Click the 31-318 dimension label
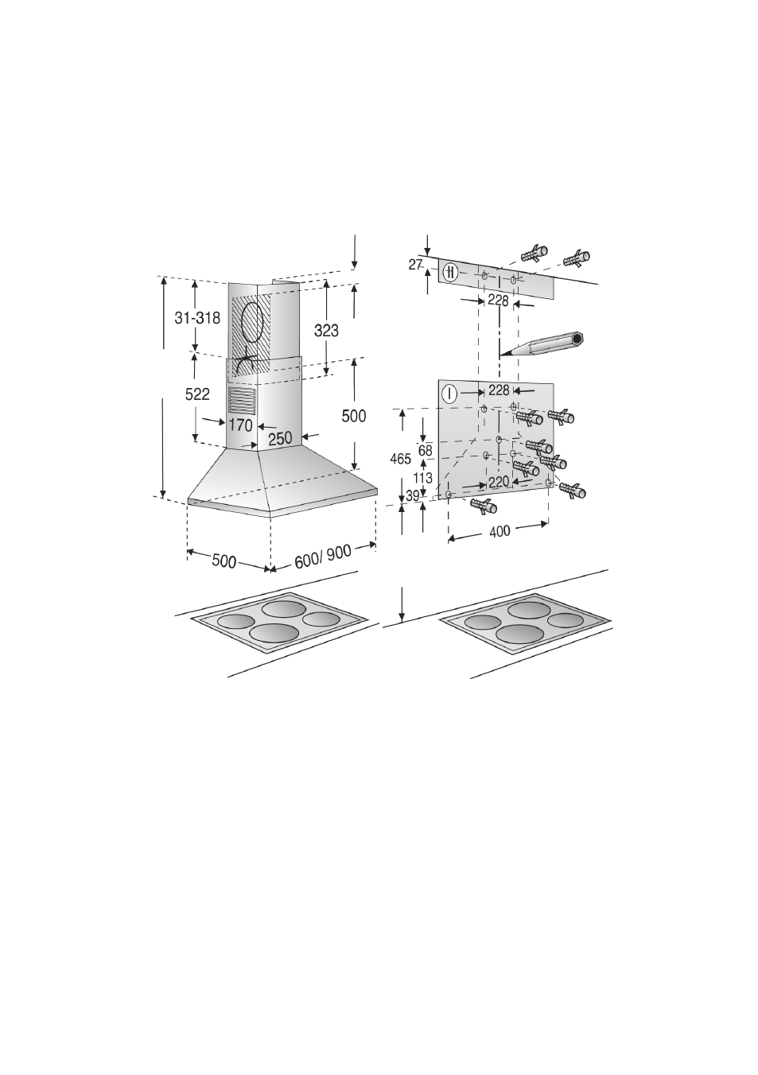[197, 318]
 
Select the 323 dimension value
[326, 330]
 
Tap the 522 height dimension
[197, 394]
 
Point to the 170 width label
[240, 425]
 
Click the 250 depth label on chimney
[280, 438]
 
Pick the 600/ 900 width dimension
[323, 557]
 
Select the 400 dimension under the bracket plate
[500, 532]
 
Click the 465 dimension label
[400, 460]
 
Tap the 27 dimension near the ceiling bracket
[416, 264]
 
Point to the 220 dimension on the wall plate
[498, 482]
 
